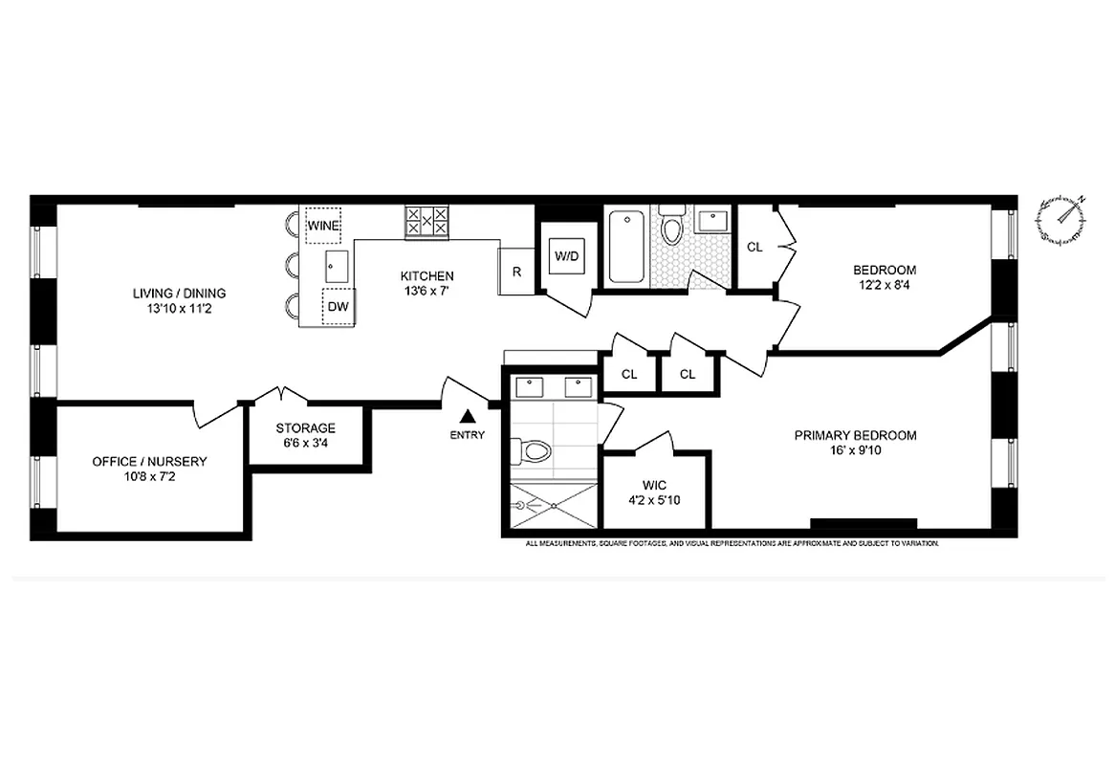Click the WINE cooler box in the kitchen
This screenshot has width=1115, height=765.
[x=323, y=226]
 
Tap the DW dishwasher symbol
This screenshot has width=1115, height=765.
[x=338, y=307]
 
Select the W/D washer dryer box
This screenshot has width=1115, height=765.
[x=566, y=255]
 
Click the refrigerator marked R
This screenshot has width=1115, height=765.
[x=516, y=272]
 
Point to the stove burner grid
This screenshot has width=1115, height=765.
[x=426, y=223]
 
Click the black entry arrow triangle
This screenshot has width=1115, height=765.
[x=468, y=416]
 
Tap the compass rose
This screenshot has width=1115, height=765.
[x=1060, y=219]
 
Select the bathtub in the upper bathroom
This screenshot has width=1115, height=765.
[x=626, y=247]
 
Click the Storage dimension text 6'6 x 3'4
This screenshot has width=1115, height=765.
[x=305, y=444]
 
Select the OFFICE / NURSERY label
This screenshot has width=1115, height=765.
[x=149, y=461]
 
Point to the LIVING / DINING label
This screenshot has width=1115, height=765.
[x=179, y=294]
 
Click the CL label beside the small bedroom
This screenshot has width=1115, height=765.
[x=754, y=247]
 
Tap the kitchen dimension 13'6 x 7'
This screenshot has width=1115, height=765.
[x=426, y=292]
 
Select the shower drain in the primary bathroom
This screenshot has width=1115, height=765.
[x=521, y=509]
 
